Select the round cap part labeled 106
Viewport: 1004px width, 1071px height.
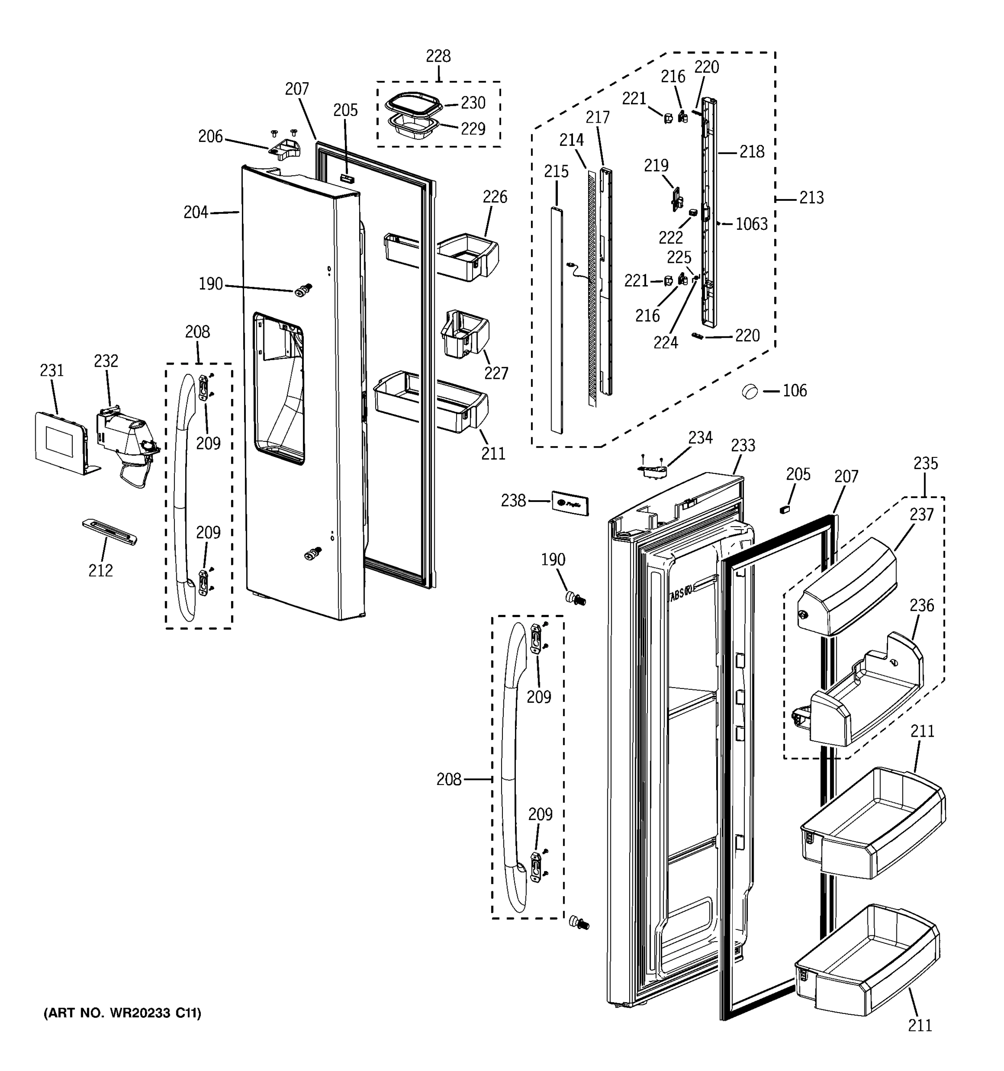pos(749,391)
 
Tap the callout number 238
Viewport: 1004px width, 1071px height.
pos(513,501)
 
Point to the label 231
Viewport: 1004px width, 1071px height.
pos(52,371)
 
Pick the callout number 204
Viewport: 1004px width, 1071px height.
pos(195,213)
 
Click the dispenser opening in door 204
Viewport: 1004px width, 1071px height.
pos(279,388)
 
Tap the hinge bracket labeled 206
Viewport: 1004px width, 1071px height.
pos(284,150)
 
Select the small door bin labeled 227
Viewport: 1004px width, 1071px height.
pos(464,334)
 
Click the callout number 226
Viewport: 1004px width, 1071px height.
pos(494,197)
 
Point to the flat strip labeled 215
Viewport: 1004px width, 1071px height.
pos(556,318)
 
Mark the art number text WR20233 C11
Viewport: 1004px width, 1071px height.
pos(122,1013)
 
